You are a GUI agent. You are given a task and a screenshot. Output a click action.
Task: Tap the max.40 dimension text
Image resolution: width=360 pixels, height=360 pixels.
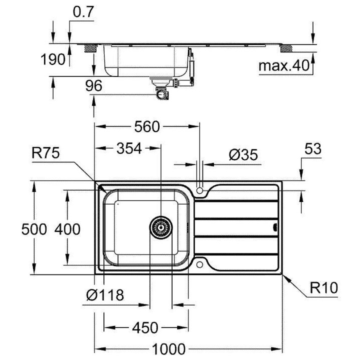coord(282,65)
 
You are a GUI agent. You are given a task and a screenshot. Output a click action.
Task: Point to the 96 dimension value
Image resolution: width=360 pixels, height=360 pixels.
coord(93,86)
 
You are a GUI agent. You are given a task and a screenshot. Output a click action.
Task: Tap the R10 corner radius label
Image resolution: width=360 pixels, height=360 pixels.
coord(323,287)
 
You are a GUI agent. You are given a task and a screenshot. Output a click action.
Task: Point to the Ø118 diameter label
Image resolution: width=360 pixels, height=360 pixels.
coord(104,295)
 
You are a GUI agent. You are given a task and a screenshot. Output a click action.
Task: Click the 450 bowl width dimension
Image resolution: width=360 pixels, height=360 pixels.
coord(145,328)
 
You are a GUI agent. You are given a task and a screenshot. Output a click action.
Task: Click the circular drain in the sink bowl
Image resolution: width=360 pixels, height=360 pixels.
coord(160,227)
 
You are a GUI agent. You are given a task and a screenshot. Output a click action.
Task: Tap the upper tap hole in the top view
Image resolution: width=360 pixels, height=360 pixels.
coord(200,190)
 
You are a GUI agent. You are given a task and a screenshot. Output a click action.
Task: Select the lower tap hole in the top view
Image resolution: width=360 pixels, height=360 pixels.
coord(200,263)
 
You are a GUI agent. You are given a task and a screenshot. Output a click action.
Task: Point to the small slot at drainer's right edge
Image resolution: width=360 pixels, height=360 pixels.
coord(274,227)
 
